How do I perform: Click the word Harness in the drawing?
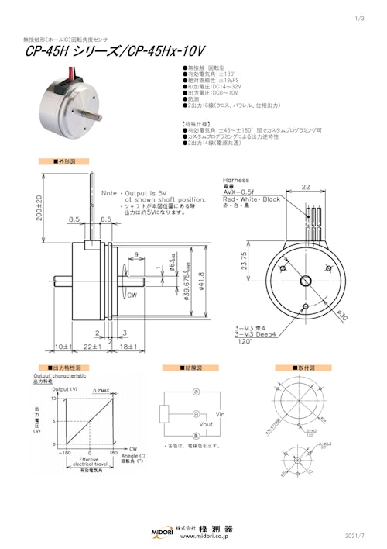pos(236,179)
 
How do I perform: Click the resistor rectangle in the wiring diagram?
pos(164,414)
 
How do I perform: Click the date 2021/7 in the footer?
pos(362,536)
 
